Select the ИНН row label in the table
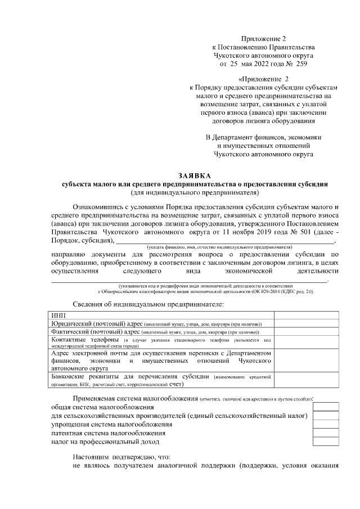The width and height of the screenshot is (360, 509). (58, 316)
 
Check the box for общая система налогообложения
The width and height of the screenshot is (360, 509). (326, 406)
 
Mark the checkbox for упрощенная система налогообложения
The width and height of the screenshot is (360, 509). (326, 424)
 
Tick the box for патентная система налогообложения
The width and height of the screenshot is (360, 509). (326, 433)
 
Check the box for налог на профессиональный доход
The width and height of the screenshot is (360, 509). (326, 442)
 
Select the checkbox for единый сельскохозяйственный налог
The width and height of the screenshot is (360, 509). (326, 415)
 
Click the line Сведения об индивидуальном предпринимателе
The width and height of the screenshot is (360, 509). (148, 304)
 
